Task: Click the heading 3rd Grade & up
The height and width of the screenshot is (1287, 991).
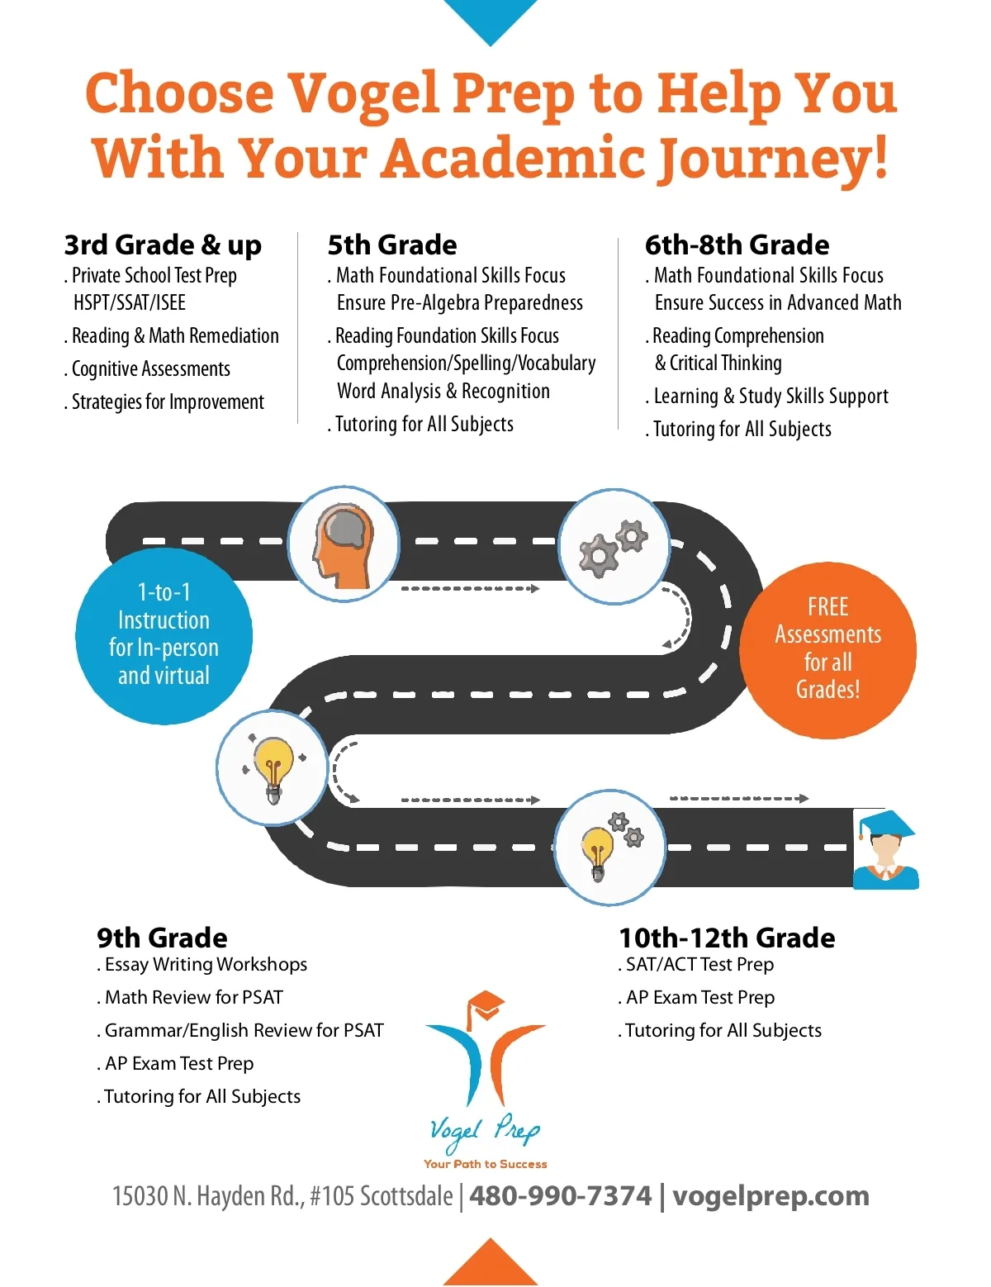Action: point(163,245)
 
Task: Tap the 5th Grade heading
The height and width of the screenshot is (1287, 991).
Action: point(392,245)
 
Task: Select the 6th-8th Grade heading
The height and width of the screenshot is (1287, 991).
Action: point(737,245)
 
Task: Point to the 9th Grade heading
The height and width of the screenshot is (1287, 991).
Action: point(162,938)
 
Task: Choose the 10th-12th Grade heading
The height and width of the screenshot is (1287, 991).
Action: point(727,938)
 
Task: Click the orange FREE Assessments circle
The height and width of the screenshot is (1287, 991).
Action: point(827,649)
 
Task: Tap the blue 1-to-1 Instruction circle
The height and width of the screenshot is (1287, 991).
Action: point(164,634)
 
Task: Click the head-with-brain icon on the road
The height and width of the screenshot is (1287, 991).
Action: point(343,544)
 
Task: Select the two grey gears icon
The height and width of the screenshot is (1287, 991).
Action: point(614,546)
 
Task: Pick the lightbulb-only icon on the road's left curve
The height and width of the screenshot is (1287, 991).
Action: point(273,767)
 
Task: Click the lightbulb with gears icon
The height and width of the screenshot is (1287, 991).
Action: point(609,847)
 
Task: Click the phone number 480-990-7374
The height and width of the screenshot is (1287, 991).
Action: point(560,1195)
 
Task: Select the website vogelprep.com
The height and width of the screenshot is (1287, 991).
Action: point(771,1195)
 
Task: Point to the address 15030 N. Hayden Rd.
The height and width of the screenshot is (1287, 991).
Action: point(282,1195)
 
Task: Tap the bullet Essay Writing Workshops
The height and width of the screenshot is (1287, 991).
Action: point(206,965)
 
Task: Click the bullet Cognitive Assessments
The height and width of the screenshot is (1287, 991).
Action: point(151,369)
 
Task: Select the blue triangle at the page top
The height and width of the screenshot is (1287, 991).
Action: point(491,19)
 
